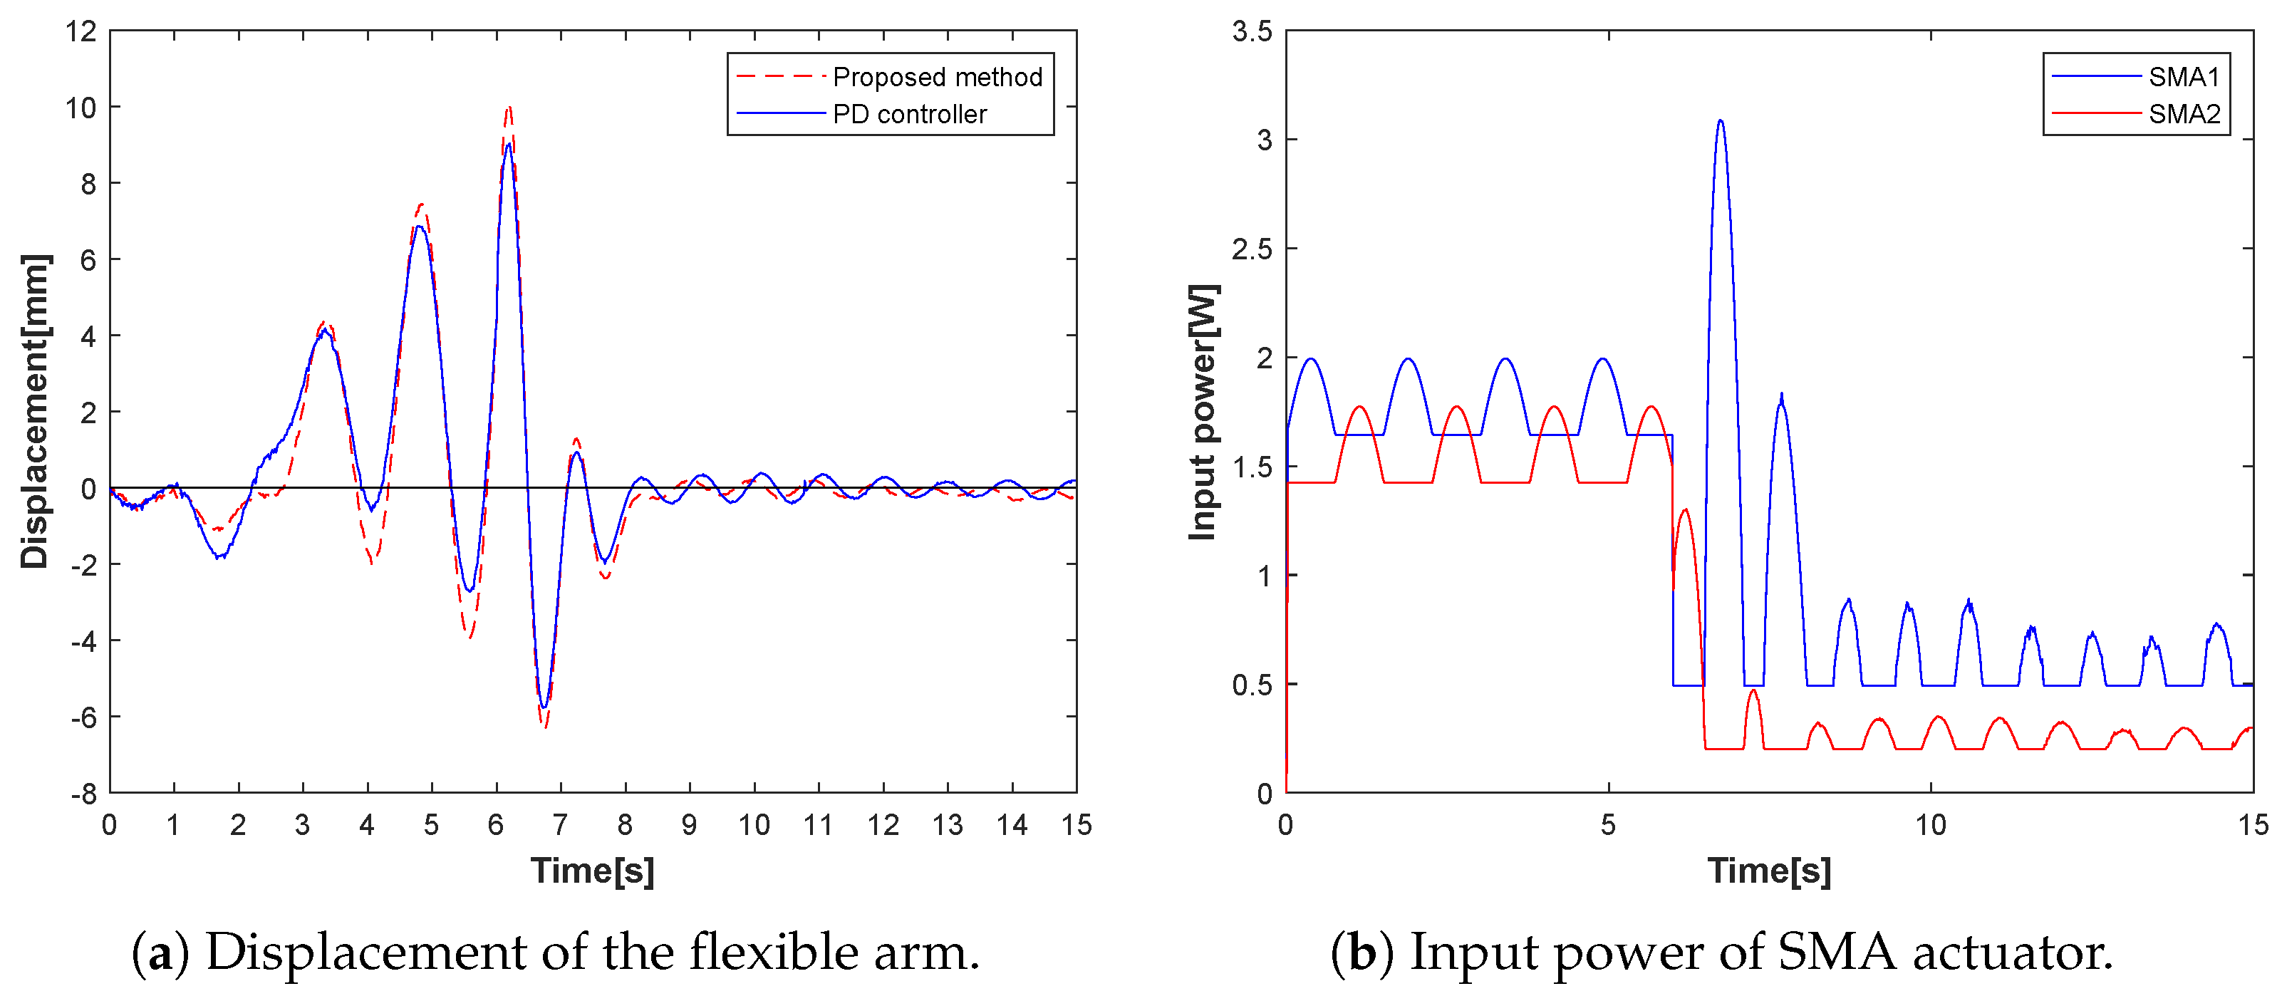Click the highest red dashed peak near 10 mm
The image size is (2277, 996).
click(508, 109)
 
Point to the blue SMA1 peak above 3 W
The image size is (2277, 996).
click(1719, 121)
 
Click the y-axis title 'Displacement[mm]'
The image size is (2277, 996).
click(36, 411)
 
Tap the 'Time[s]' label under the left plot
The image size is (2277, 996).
click(592, 871)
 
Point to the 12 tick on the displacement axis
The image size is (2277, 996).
click(81, 32)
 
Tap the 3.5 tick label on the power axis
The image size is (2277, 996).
click(1252, 32)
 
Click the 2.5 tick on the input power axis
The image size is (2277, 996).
click(1252, 249)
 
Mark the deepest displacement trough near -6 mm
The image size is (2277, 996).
click(546, 725)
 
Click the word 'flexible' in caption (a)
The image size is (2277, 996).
click(774, 953)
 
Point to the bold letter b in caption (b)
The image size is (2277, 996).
click(1362, 953)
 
